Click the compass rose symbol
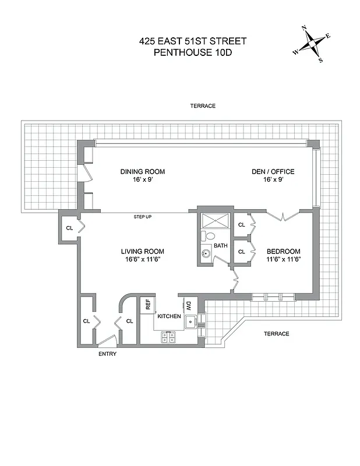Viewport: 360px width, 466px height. coord(312,44)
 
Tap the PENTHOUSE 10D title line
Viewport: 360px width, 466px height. coord(192,52)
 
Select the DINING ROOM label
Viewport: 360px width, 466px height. coord(143,171)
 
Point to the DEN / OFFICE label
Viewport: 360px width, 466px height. coord(273,171)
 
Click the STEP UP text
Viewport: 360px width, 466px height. coord(143,217)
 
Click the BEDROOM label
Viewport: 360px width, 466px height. coord(284,251)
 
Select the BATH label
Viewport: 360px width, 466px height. coord(220,246)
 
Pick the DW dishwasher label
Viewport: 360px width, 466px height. coord(189,304)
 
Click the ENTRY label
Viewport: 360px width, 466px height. coord(107,354)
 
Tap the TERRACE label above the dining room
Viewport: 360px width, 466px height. coord(203,106)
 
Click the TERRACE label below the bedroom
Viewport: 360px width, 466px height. coord(276,334)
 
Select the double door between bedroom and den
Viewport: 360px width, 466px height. coord(283,216)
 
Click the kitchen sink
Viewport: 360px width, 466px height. coord(189,320)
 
